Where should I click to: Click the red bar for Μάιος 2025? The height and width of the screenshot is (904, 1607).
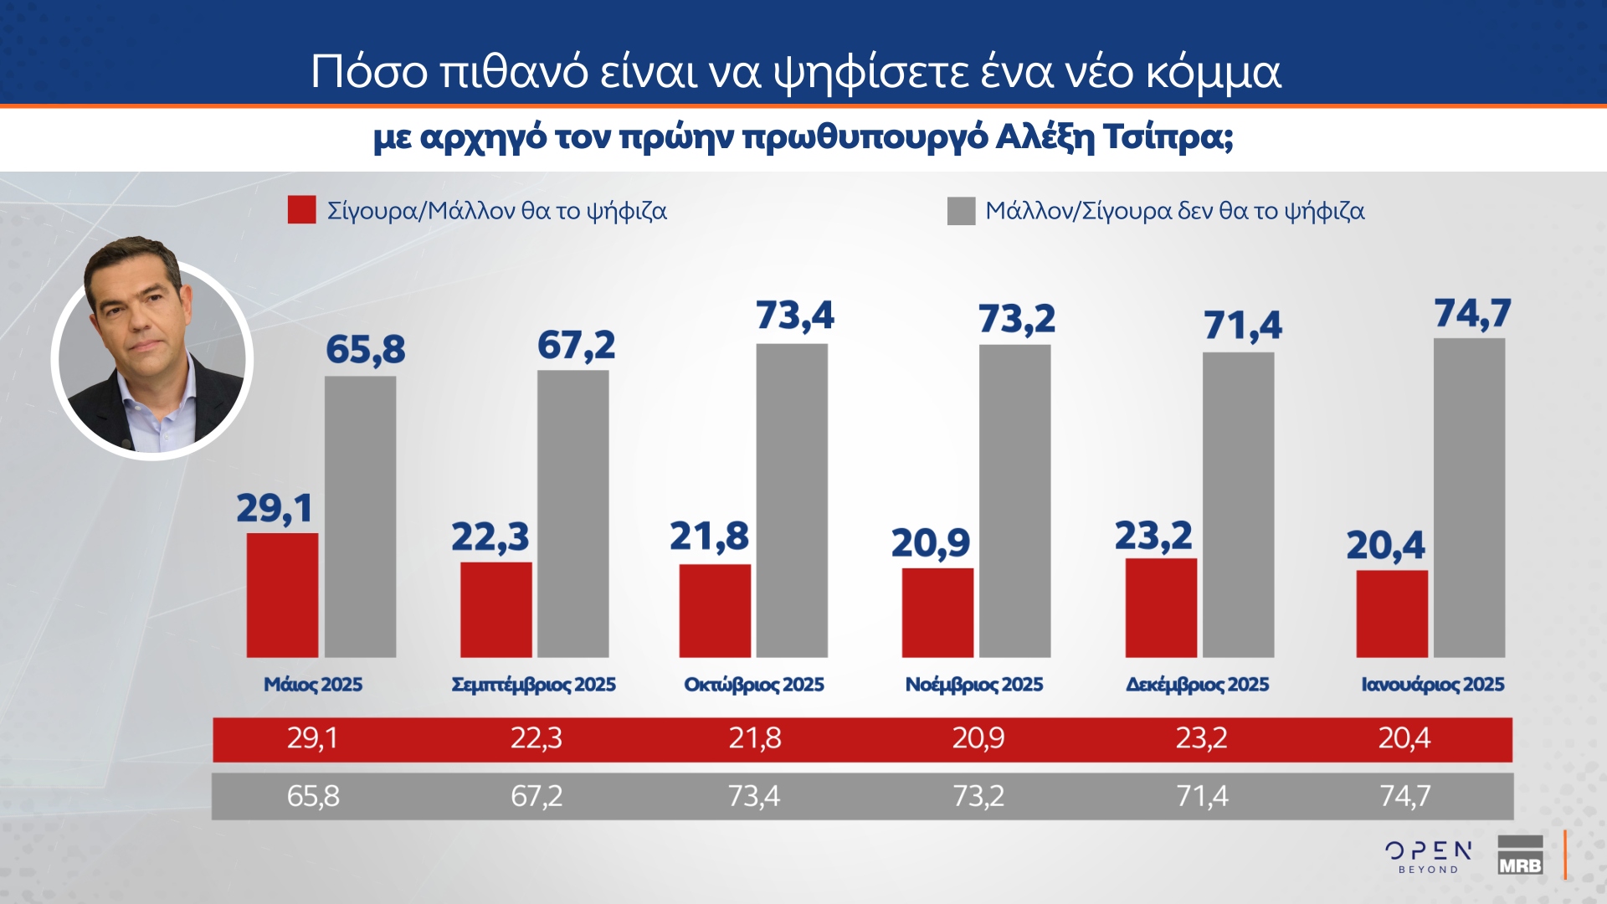tap(282, 595)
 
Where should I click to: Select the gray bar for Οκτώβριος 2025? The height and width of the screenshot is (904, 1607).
tap(792, 501)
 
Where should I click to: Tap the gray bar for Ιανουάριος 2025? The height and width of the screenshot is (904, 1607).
tap(1469, 498)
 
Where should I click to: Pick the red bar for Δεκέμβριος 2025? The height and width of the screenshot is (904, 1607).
tap(1161, 608)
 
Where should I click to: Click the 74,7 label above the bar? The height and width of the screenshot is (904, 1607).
tap(1472, 314)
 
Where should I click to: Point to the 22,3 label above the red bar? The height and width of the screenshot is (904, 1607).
tap(490, 537)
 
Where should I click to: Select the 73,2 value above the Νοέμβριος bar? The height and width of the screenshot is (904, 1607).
tap(1017, 319)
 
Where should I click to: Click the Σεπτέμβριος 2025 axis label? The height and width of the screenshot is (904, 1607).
tap(533, 685)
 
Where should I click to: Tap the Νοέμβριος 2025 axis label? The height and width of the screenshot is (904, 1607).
tap(974, 685)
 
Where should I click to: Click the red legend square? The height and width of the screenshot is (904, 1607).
tap(301, 210)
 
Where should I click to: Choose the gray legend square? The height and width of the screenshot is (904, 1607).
tap(961, 211)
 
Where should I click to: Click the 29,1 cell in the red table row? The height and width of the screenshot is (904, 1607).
tap(312, 738)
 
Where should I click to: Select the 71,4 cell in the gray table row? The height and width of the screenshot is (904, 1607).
tap(1202, 796)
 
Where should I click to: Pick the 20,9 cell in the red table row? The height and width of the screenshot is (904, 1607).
tap(978, 738)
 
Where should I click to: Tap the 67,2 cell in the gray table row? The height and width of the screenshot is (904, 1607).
tap(537, 796)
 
